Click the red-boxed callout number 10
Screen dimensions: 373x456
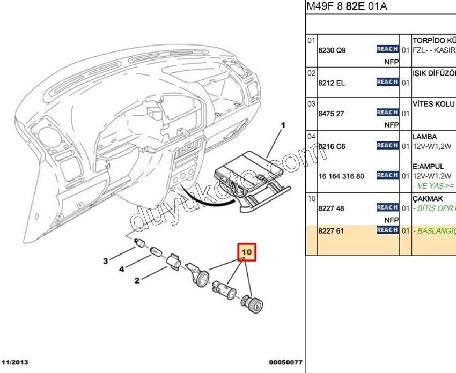pyautogui.click(x=247, y=251)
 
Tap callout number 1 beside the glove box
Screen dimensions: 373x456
pyautogui.click(x=283, y=126)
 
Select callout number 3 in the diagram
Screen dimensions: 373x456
pyautogui.click(x=106, y=261)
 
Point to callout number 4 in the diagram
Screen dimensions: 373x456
pyautogui.click(x=122, y=269)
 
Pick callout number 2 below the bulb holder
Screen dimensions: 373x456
pyautogui.click(x=137, y=280)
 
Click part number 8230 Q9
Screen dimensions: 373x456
pyautogui.click(x=332, y=50)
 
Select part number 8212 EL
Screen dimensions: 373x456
pyautogui.click(x=332, y=83)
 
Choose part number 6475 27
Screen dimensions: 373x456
pyautogui.click(x=331, y=114)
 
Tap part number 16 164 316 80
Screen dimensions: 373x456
pyautogui.click(x=341, y=176)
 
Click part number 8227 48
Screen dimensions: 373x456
pyautogui.click(x=331, y=208)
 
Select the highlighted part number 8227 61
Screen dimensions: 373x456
pyautogui.click(x=331, y=230)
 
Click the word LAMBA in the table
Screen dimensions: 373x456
pyautogui.click(x=424, y=137)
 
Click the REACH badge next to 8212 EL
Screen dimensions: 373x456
pyautogui.click(x=387, y=82)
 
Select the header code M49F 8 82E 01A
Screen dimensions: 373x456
pyautogui.click(x=347, y=7)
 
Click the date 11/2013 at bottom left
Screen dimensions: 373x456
pyautogui.click(x=15, y=363)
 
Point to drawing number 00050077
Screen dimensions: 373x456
pyautogui.click(x=286, y=363)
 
